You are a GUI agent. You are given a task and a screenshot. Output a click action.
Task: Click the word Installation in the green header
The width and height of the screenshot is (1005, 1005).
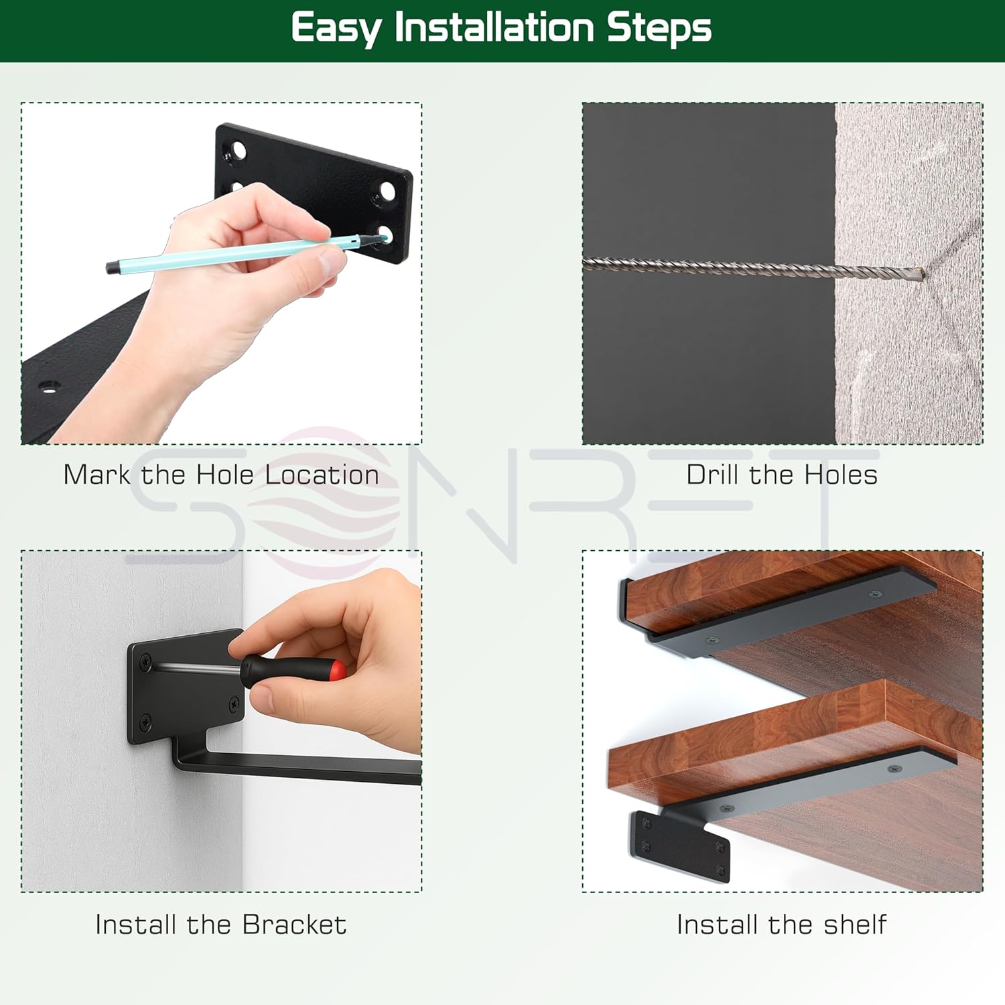(x=494, y=28)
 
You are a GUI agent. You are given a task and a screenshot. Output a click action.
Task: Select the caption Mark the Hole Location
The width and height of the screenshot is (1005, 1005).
(x=221, y=475)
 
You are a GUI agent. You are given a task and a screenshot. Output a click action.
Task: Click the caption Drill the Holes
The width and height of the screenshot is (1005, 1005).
(x=782, y=475)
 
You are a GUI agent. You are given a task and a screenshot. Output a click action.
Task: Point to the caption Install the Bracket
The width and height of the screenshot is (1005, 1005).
(x=221, y=925)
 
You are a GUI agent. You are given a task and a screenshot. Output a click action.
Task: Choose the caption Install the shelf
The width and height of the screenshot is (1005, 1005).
(x=782, y=925)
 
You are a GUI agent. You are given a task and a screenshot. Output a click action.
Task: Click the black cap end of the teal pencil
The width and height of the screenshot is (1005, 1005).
(x=113, y=267)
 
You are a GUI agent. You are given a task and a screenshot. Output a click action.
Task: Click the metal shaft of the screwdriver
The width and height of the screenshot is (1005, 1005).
(x=198, y=667)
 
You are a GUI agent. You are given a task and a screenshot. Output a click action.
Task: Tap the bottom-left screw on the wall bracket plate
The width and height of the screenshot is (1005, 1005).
(x=145, y=722)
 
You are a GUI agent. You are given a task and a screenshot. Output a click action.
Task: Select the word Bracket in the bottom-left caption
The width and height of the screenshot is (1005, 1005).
(x=295, y=925)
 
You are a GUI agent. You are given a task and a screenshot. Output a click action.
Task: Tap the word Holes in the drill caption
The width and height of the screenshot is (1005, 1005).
(x=841, y=475)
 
